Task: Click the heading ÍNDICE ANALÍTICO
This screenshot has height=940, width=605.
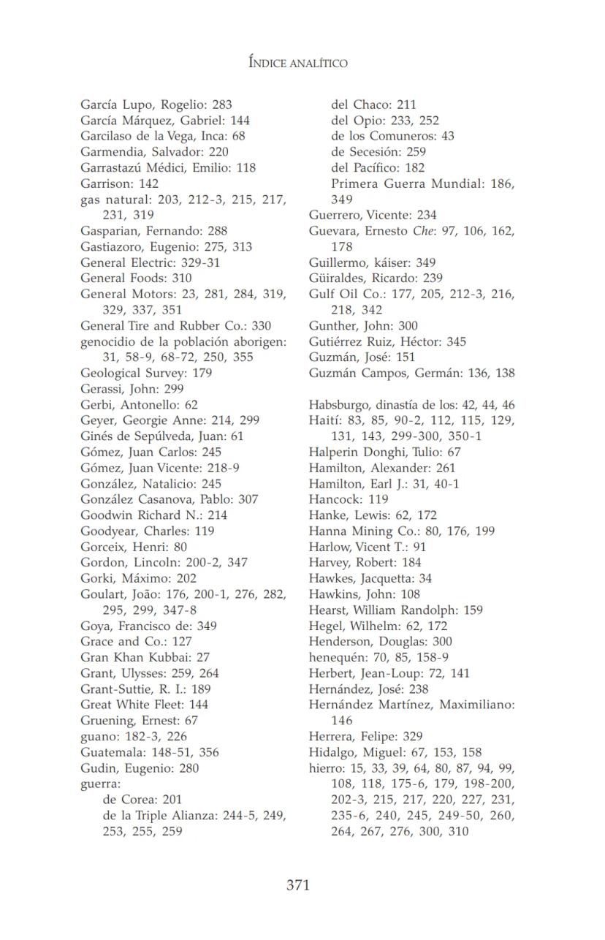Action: coord(297,63)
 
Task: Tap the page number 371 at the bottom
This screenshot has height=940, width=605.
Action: coord(298,885)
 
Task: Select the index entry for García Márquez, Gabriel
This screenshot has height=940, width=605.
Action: coord(165,121)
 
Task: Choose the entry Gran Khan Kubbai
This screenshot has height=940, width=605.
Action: coord(136,657)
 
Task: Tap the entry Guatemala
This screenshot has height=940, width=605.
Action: coord(149,752)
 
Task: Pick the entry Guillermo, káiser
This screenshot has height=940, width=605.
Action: coord(365,262)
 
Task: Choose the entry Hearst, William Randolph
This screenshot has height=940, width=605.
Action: coord(395,610)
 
